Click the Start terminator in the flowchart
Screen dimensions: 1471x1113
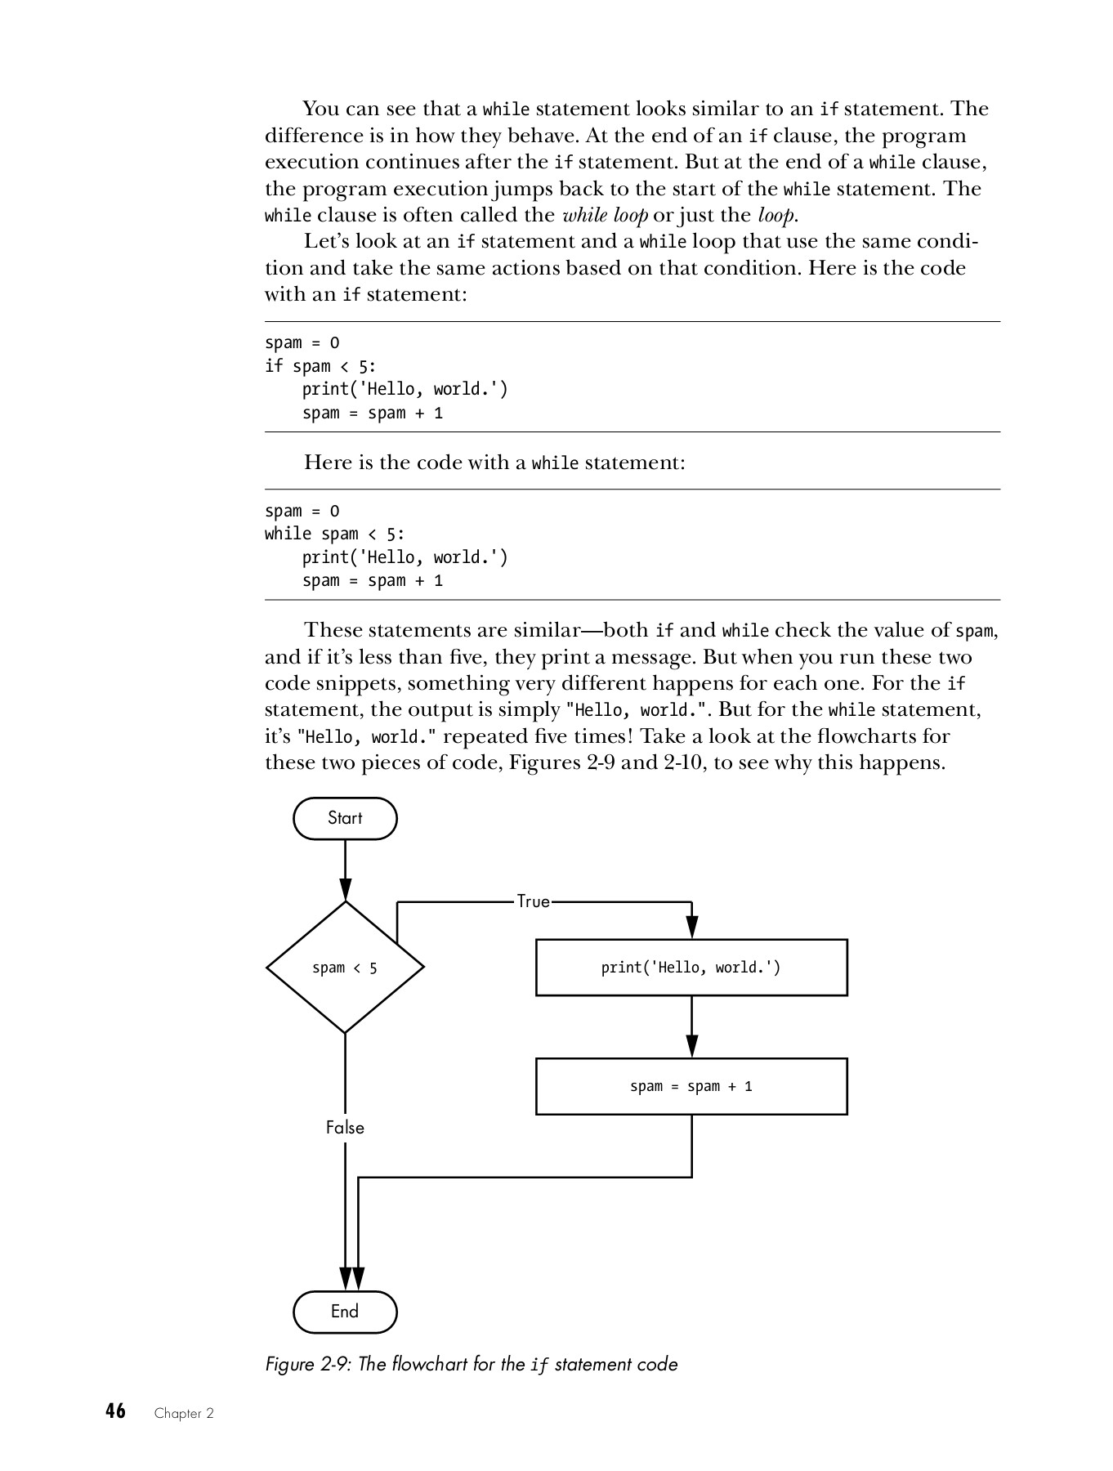click(345, 818)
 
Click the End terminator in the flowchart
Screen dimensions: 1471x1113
click(345, 1312)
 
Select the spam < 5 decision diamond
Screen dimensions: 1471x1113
click(345, 968)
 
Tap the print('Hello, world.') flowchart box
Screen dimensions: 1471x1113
click(691, 968)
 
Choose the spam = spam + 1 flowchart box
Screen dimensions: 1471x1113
click(691, 1086)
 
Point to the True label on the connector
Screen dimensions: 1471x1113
click(534, 901)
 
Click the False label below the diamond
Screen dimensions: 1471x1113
click(345, 1128)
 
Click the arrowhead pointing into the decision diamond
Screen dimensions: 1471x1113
click(346, 890)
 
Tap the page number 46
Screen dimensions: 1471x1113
click(115, 1411)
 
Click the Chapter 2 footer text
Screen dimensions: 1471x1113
click(184, 1413)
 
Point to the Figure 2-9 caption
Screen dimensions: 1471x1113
click(472, 1364)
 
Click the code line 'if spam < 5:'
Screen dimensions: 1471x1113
click(320, 366)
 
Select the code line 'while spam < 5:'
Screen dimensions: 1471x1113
click(334, 534)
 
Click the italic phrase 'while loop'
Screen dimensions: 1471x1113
click(606, 215)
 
